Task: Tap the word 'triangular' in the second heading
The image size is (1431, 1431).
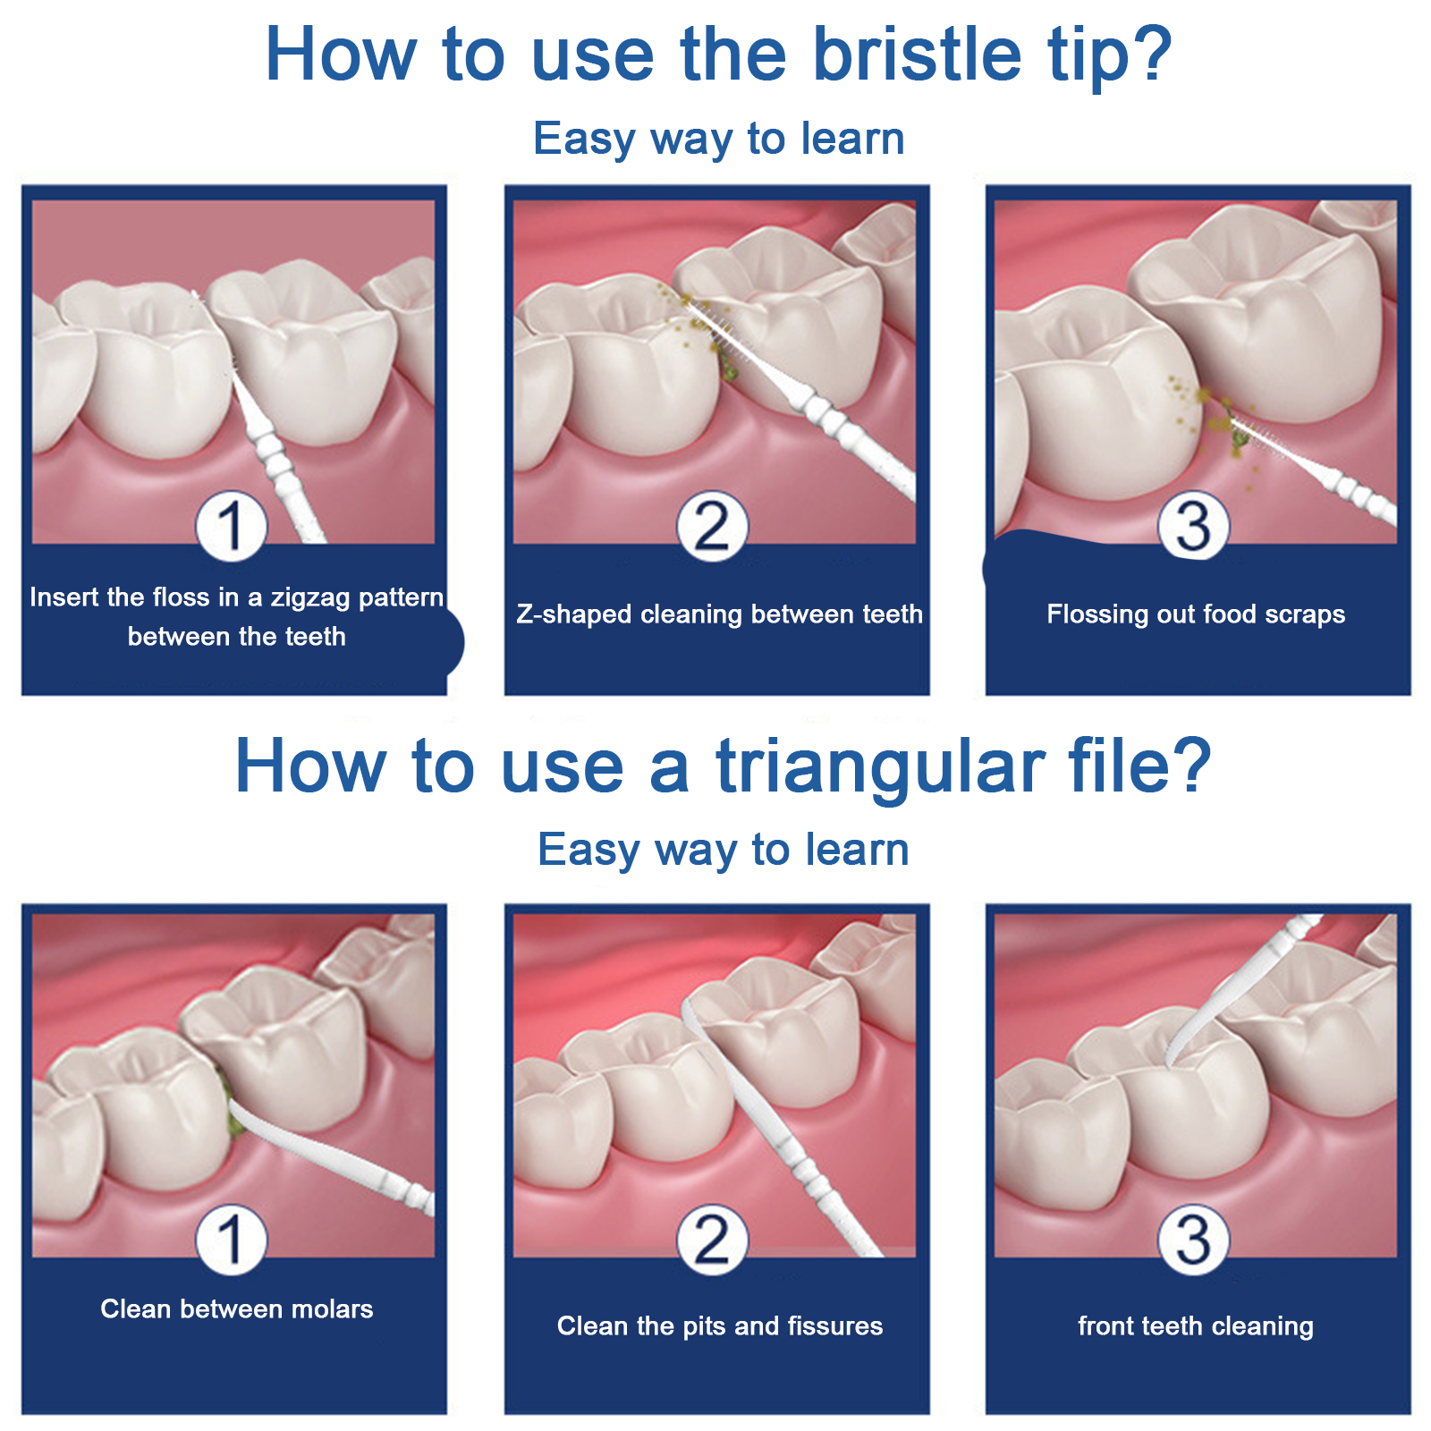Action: click(x=880, y=767)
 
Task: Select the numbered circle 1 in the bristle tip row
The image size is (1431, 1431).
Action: click(x=232, y=526)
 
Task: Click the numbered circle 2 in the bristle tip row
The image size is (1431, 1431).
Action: click(x=713, y=526)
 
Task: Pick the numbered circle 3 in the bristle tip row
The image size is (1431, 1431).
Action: click(x=1194, y=526)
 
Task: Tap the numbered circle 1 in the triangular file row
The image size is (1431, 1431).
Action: click(x=232, y=1240)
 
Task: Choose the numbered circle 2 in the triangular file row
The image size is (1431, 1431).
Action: click(x=713, y=1240)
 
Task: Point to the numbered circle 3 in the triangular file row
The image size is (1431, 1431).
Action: click(x=1194, y=1240)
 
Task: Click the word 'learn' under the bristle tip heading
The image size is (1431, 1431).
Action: click(x=852, y=139)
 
